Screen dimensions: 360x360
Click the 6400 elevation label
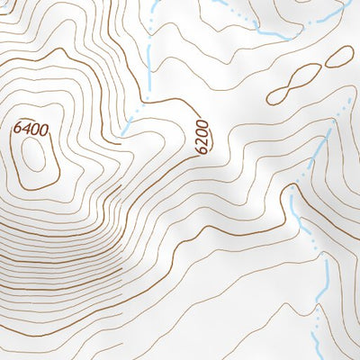tap(31, 129)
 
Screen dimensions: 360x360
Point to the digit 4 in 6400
tap(25, 129)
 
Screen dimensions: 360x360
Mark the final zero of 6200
tap(202, 124)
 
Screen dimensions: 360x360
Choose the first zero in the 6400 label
tap(34, 129)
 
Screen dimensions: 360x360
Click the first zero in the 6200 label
tap(201, 132)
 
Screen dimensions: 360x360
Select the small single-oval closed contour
tap(337, 57)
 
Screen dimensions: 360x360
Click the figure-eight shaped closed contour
tap(294, 84)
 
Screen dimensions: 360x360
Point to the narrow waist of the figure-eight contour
tap(294, 84)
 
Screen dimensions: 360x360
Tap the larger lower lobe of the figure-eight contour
tap(281, 92)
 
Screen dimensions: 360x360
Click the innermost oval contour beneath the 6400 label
tap(36, 157)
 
